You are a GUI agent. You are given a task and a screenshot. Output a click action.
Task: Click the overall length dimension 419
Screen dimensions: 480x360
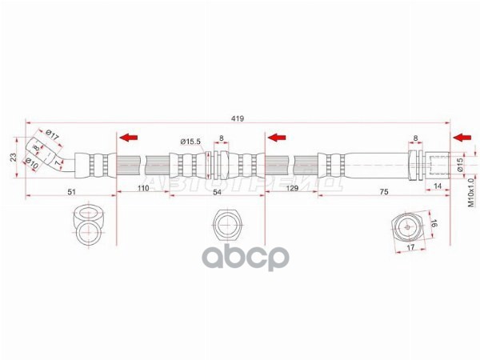[x=237, y=118]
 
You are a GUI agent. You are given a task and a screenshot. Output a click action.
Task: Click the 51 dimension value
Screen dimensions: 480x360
[x=70, y=191]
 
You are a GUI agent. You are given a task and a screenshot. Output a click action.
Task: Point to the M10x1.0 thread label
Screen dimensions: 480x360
[x=471, y=192]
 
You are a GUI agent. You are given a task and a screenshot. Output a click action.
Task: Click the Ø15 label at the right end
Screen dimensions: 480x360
[x=460, y=165]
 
